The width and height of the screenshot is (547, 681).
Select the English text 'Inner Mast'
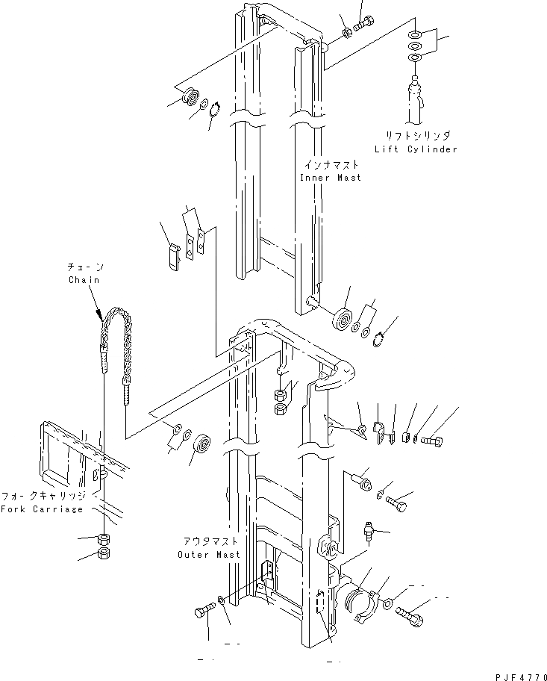(330, 178)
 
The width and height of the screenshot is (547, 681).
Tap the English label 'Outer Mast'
(209, 555)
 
